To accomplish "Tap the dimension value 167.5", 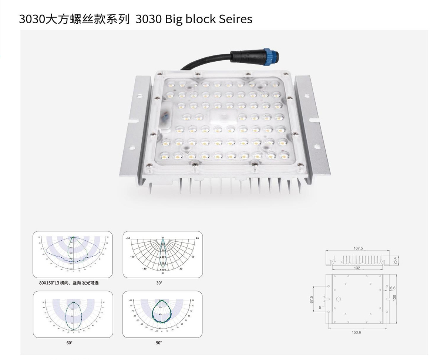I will point(358,248).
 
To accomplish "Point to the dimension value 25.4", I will point(395,261).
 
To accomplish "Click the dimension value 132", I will point(357,268).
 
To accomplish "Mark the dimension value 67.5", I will point(312,299).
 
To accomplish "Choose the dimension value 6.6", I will point(393,288).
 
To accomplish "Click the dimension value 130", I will point(395,298).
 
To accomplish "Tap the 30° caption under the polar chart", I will point(159,283).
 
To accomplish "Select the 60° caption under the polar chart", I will point(70,343).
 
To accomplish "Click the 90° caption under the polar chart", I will point(159,343).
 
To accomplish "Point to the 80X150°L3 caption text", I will point(69,283).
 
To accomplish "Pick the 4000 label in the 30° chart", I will point(163,270).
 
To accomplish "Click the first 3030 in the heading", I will point(31,19).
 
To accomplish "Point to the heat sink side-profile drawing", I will point(357,259).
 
